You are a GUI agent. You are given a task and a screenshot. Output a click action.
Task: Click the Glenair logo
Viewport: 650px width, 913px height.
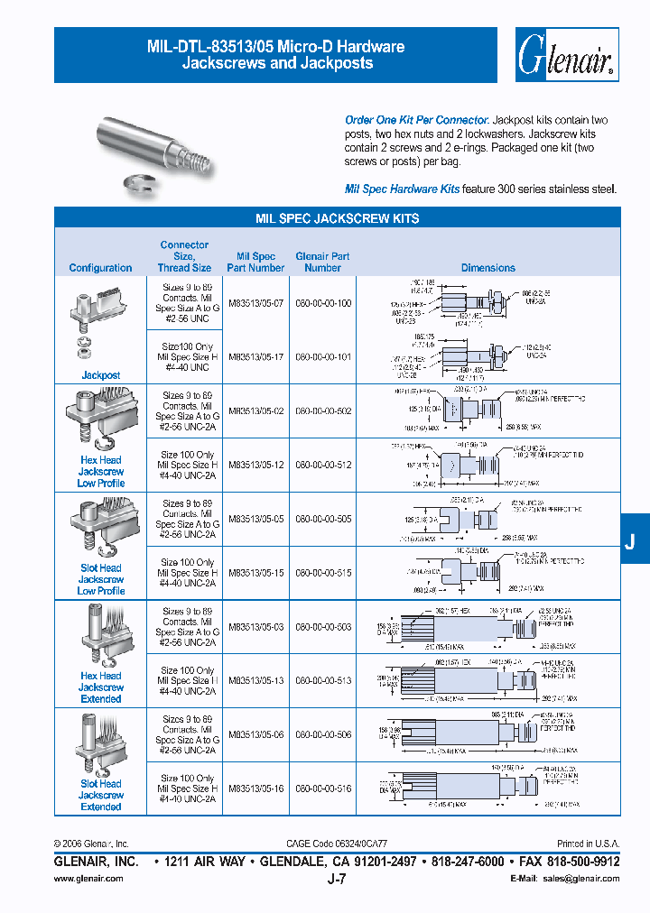click(x=566, y=56)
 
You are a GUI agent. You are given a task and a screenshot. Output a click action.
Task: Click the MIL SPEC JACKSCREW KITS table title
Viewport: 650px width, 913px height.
click(x=338, y=218)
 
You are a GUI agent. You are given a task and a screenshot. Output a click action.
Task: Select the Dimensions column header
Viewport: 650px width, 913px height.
click(x=487, y=268)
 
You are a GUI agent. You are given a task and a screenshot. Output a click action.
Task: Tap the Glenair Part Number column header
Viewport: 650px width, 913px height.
click(x=322, y=262)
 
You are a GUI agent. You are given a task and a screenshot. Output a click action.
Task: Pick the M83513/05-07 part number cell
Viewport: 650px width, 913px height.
click(x=255, y=304)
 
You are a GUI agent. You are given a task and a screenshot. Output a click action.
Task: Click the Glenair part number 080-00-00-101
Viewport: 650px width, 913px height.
click(x=322, y=357)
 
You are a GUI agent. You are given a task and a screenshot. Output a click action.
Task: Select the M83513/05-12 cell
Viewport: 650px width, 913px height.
click(x=255, y=466)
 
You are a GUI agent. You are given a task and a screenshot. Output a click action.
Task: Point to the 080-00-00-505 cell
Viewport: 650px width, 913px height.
click(x=322, y=520)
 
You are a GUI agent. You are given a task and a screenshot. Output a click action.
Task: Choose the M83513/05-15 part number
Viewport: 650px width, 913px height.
click(x=255, y=573)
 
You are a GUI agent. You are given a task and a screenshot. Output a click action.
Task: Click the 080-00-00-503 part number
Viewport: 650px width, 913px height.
click(x=322, y=627)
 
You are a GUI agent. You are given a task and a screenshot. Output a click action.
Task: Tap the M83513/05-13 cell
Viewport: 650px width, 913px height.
click(x=255, y=681)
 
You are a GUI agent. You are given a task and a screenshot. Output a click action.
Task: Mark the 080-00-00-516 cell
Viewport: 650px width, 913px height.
click(x=322, y=788)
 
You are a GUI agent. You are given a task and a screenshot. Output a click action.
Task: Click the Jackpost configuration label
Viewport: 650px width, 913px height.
click(x=101, y=375)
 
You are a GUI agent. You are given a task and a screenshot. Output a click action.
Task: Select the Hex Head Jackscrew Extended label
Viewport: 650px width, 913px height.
click(x=101, y=687)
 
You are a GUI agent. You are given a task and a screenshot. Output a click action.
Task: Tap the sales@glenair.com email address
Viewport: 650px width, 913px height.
click(x=585, y=878)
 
